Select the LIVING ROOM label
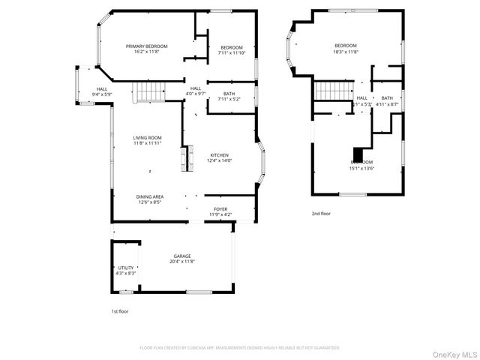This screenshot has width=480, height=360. pos(148,138)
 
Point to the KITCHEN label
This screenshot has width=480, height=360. pos(219,155)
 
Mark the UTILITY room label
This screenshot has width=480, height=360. pos(126,268)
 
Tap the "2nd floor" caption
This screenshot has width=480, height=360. pos(321,214)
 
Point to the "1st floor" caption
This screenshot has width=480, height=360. pos(119,310)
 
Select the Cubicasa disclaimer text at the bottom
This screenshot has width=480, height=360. pos(240,348)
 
